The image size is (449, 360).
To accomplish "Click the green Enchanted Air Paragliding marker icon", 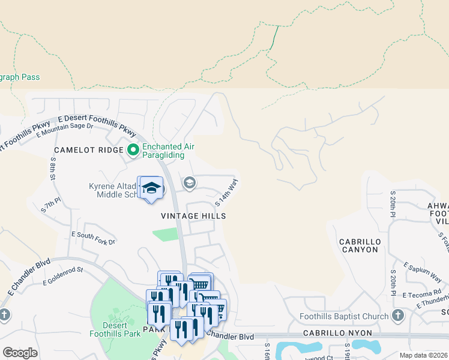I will point(133,149).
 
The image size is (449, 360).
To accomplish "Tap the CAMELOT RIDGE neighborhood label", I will point(88,150).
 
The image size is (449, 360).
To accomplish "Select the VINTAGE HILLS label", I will point(193,215).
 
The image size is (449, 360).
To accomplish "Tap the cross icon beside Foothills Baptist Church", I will point(397,316).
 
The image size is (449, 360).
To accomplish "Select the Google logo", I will point(20,352).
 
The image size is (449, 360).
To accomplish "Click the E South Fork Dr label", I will point(93,238).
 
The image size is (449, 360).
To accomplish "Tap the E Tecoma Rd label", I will point(422,295).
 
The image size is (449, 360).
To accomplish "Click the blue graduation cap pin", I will point(151,188).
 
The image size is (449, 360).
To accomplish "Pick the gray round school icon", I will point(190,182).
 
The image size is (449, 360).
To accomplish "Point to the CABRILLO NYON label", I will point(347,333).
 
